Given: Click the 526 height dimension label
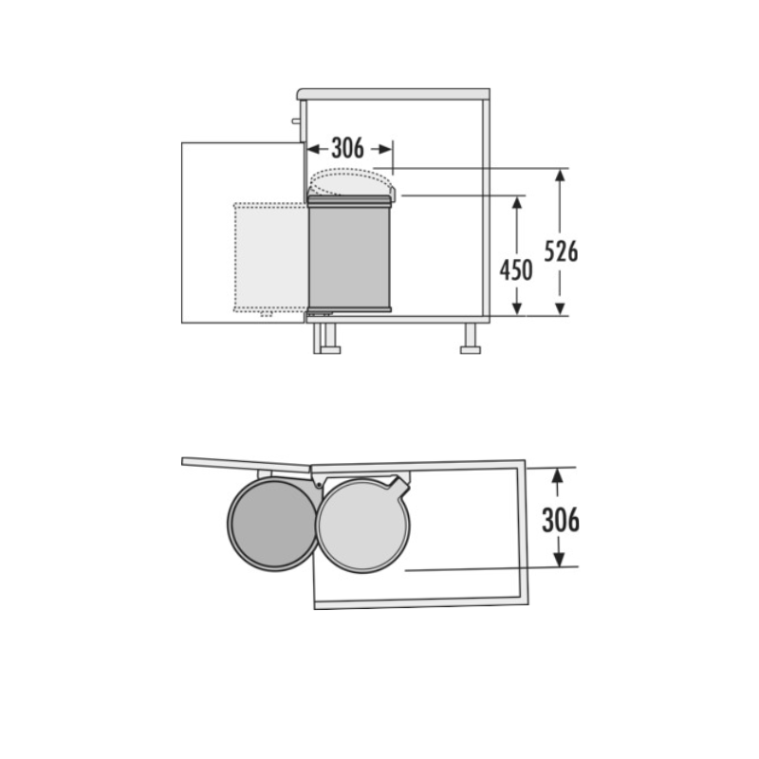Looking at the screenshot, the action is pos(561,251).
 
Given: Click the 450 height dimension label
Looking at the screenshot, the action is pos(516,270).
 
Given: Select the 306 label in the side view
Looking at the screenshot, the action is pos(347,148).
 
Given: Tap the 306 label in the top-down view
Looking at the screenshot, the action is pos(561,520).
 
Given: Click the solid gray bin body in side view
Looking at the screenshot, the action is pos(349,253).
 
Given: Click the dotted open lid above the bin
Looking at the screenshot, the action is pos(351,181).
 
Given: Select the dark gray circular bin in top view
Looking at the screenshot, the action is pos(273,524).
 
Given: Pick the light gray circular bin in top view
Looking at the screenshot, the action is pos(363,526).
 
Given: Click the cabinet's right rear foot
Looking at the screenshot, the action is pos(471,339).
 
